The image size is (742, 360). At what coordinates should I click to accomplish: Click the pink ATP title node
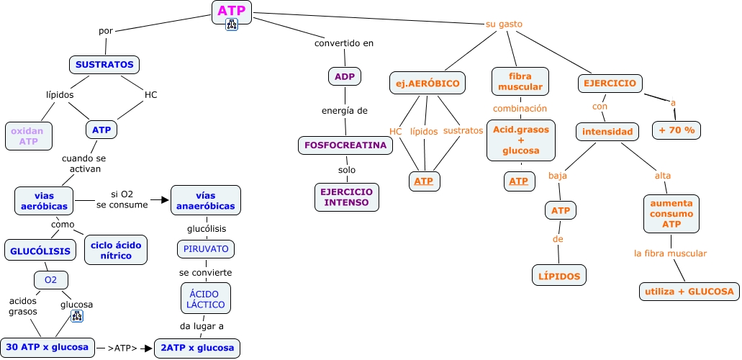coord(232,11)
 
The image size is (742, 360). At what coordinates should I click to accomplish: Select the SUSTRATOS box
coord(104,65)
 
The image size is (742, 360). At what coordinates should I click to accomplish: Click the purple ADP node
coord(344,76)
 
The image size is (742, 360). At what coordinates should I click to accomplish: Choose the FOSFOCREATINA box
coord(345,145)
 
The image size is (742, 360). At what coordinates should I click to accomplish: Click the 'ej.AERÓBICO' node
coord(427,84)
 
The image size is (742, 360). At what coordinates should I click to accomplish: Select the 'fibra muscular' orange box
coord(520,81)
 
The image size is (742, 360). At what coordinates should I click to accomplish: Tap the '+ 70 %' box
coord(677,130)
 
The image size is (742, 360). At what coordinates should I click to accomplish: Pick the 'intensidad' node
coord(607,132)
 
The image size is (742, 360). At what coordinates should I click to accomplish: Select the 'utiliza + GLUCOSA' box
coord(689,292)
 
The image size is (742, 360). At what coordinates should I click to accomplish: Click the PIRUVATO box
coord(206,249)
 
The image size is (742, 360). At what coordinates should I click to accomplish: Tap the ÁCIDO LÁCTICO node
coord(206,298)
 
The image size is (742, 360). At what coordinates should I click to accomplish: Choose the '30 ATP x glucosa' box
coord(49,347)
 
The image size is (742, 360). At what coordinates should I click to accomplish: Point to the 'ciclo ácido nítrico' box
coord(117,250)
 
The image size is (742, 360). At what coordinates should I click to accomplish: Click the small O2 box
coord(50,279)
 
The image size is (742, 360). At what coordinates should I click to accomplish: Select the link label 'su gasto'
coord(504,24)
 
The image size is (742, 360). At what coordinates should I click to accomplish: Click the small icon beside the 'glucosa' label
coord(77,316)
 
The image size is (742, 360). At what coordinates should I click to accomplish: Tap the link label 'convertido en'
coord(344,43)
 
